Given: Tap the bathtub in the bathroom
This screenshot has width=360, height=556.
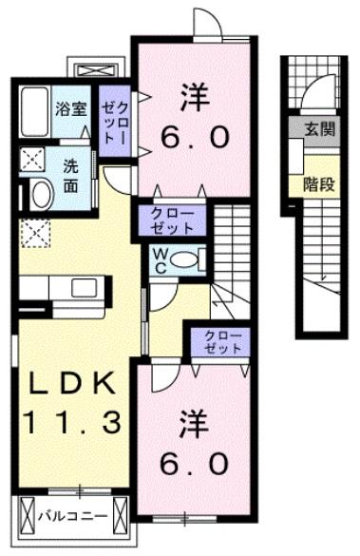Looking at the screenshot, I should (34, 113).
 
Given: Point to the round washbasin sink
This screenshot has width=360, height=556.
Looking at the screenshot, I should (42, 195).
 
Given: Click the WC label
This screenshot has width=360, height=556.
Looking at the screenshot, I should (159, 259).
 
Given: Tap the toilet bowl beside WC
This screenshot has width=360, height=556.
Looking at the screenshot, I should (187, 259).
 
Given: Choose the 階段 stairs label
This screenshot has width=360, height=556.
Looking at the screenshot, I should (318, 183).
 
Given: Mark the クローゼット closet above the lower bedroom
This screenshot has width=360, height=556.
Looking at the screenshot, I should (220, 342).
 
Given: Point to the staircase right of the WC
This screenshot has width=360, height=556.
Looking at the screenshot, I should (231, 252).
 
